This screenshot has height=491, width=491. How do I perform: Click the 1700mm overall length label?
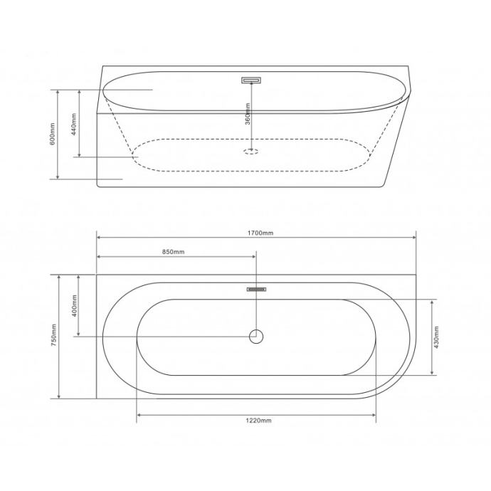[260, 233]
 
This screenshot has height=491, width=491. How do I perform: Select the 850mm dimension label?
[173, 252]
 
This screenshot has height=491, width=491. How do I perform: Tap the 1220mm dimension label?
[258, 421]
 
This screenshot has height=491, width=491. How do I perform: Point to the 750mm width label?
[53, 335]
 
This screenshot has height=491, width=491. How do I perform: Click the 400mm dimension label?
[74, 305]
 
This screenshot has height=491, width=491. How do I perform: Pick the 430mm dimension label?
[436, 337]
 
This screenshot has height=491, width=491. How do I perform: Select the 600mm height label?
[52, 134]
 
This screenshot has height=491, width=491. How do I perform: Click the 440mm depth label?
[73, 124]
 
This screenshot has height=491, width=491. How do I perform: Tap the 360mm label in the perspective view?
[248, 114]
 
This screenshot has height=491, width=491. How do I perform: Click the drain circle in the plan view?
[256, 337]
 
